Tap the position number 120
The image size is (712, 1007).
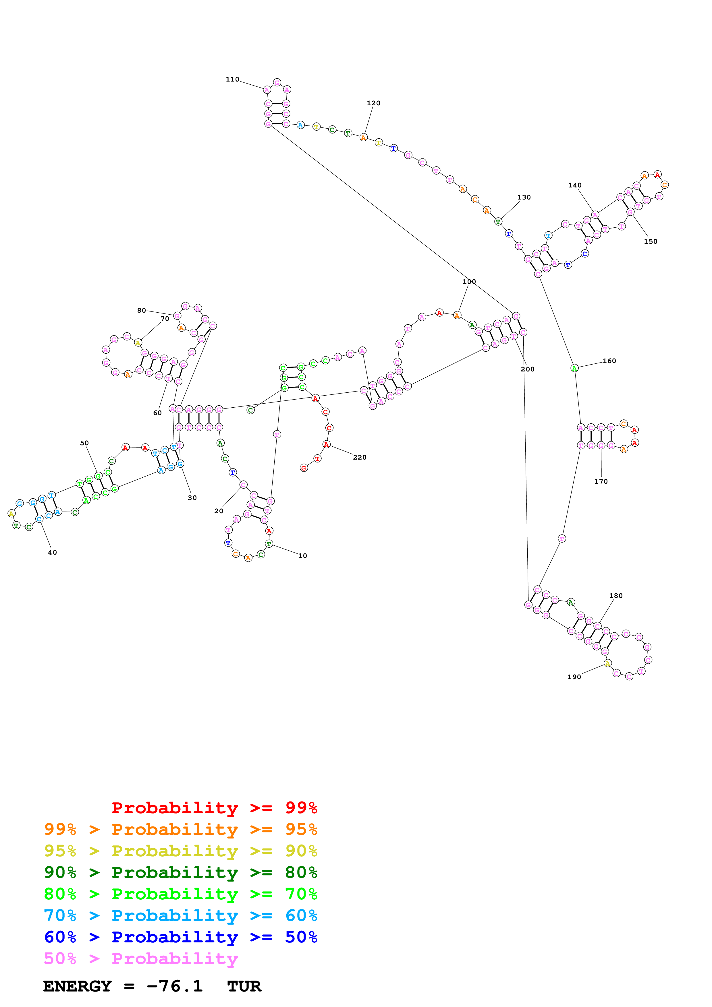(x=373, y=103)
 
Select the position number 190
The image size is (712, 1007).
(x=574, y=677)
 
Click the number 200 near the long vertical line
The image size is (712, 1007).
(x=527, y=369)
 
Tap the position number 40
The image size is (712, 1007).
(x=52, y=552)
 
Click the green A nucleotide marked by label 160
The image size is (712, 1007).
(x=574, y=368)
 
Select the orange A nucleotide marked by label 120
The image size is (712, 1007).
(x=363, y=138)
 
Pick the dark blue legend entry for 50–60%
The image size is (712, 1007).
(x=180, y=937)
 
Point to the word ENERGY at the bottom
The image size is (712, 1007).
(x=77, y=986)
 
